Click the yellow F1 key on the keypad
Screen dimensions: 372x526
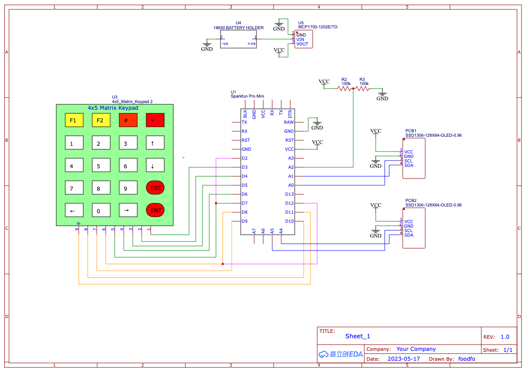pos(74,120)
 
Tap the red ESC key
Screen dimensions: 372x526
pos(155,188)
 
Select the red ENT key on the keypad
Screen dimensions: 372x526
pos(155,210)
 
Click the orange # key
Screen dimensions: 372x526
pos(128,120)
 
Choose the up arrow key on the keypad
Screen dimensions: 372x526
pos(155,143)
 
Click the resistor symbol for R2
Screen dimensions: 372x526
pos(345,89)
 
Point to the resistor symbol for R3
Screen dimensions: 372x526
pos(362,89)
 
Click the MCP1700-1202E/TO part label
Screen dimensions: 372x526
pos(318,27)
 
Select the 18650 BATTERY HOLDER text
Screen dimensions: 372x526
pos(238,28)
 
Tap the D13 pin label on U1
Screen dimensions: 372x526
pos(289,194)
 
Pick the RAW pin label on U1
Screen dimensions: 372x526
pos(288,122)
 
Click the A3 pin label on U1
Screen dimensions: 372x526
pos(291,158)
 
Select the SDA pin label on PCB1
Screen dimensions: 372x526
pos(409,166)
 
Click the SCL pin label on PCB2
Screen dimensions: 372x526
pos(409,231)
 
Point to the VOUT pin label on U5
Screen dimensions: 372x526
pos(302,44)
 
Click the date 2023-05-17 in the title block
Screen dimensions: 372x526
pos(404,359)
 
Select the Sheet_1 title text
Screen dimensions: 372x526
pos(358,336)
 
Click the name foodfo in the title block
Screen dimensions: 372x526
pos(467,359)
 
